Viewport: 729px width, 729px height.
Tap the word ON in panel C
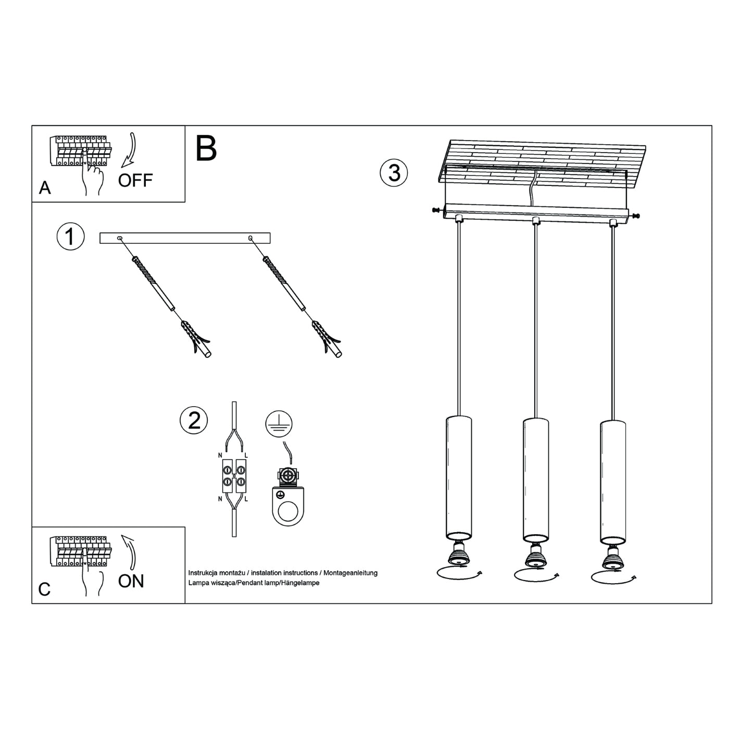click(131, 581)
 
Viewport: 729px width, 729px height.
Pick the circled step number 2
click(194, 420)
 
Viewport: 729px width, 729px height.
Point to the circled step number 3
click(394, 173)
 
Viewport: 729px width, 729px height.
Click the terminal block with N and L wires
click(234, 476)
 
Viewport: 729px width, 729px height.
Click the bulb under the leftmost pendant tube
click(459, 555)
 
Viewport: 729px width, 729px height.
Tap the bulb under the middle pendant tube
click(535, 556)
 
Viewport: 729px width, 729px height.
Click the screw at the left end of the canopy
click(435, 210)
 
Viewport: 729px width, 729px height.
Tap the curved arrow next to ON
click(130, 551)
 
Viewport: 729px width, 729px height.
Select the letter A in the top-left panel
click(45, 188)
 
